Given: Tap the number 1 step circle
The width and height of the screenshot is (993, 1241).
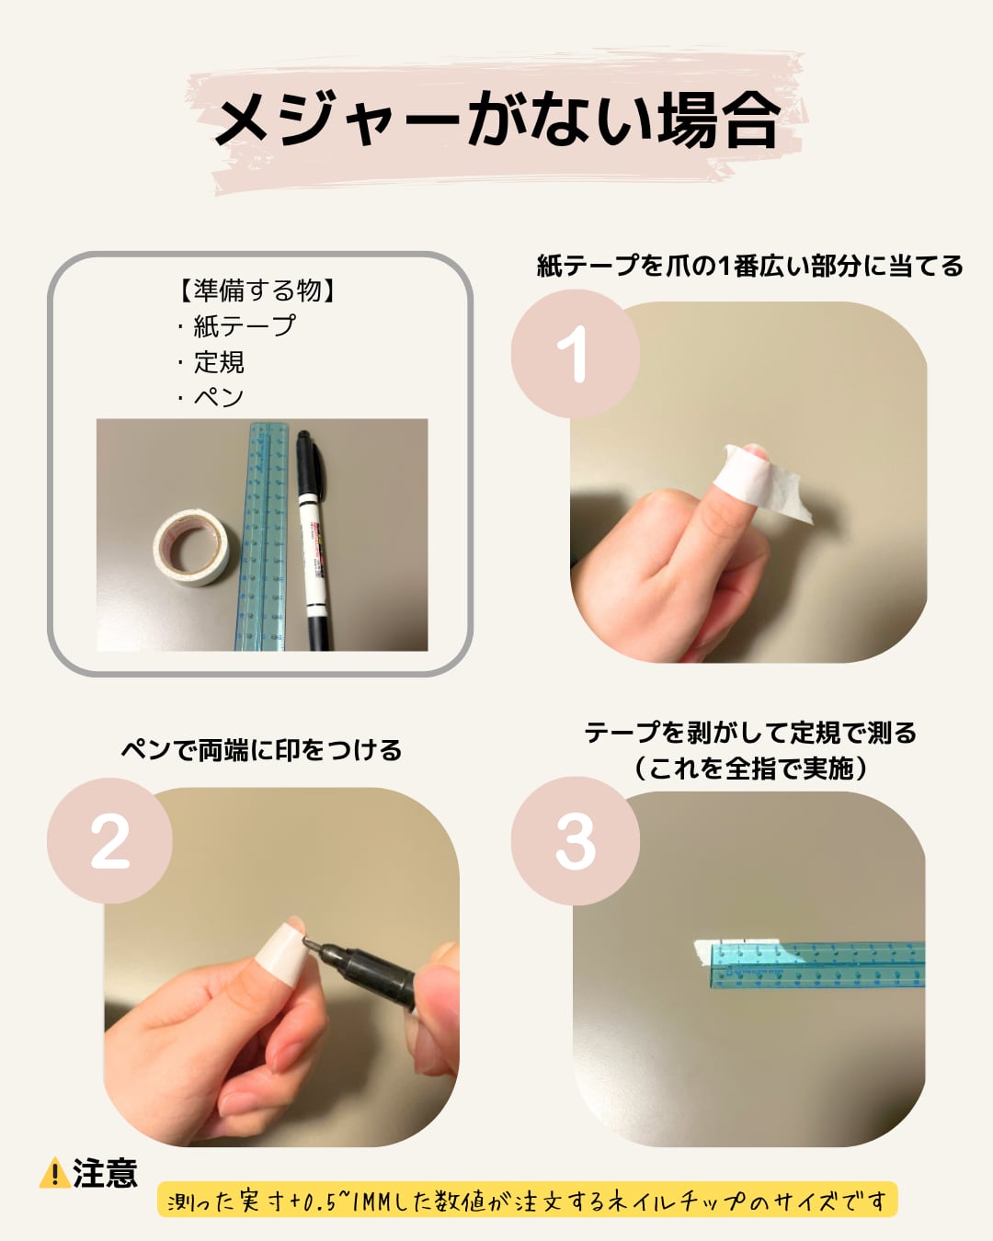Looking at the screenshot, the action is tap(575, 354).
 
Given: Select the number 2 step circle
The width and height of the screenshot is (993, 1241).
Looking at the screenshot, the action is tap(109, 841).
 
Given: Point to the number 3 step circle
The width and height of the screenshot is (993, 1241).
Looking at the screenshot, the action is tap(575, 841).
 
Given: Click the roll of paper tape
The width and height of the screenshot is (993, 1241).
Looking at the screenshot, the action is tap(191, 547).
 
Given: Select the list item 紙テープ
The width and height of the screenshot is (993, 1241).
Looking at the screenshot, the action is tap(244, 326).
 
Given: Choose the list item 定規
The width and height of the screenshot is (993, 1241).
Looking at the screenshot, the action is tap(219, 362).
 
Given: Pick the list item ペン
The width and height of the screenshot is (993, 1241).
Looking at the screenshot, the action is tap(218, 397).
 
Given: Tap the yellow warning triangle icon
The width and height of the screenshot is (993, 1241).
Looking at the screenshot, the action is tap(55, 1172).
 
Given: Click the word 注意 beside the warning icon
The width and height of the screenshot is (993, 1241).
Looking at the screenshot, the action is tap(105, 1173).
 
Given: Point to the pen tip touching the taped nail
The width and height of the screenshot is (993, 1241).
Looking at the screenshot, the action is tap(306, 940).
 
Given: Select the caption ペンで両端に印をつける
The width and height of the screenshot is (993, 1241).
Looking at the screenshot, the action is tap(261, 750).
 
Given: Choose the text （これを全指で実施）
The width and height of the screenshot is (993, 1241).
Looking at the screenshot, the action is tap(750, 769).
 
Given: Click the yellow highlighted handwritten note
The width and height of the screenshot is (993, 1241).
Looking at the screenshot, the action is tap(528, 1201).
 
